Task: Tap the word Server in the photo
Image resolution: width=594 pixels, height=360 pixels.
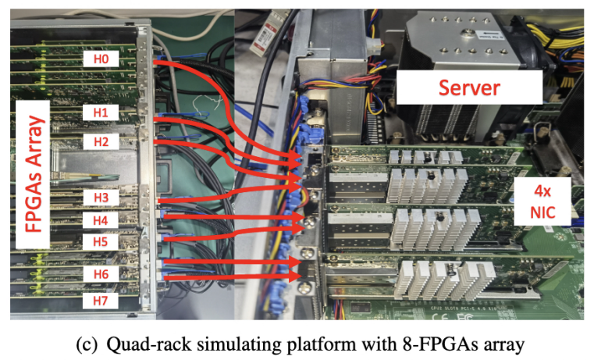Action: point(469,87)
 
